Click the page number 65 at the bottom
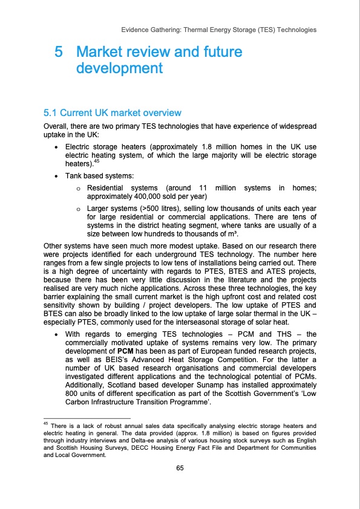(x=180, y=467)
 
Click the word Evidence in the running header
(x=138, y=29)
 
